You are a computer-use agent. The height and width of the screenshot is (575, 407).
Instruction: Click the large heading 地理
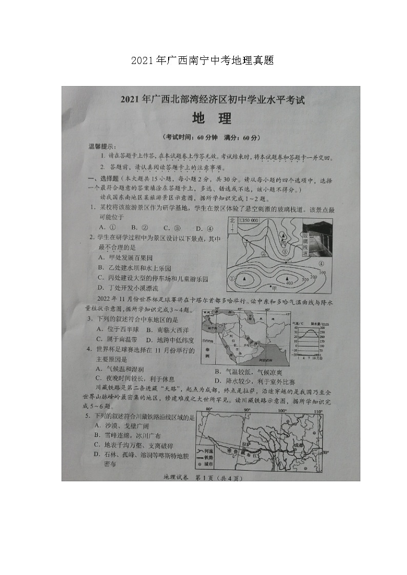(211, 119)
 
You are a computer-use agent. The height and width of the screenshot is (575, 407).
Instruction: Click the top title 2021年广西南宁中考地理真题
(202, 61)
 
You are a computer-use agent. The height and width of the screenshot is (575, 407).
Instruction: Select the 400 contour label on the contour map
(290, 283)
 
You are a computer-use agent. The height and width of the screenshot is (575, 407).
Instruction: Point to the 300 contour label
(306, 280)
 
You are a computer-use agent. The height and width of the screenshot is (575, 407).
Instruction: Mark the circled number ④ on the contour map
(322, 264)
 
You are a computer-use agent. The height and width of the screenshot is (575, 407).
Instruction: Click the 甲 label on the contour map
(274, 289)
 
